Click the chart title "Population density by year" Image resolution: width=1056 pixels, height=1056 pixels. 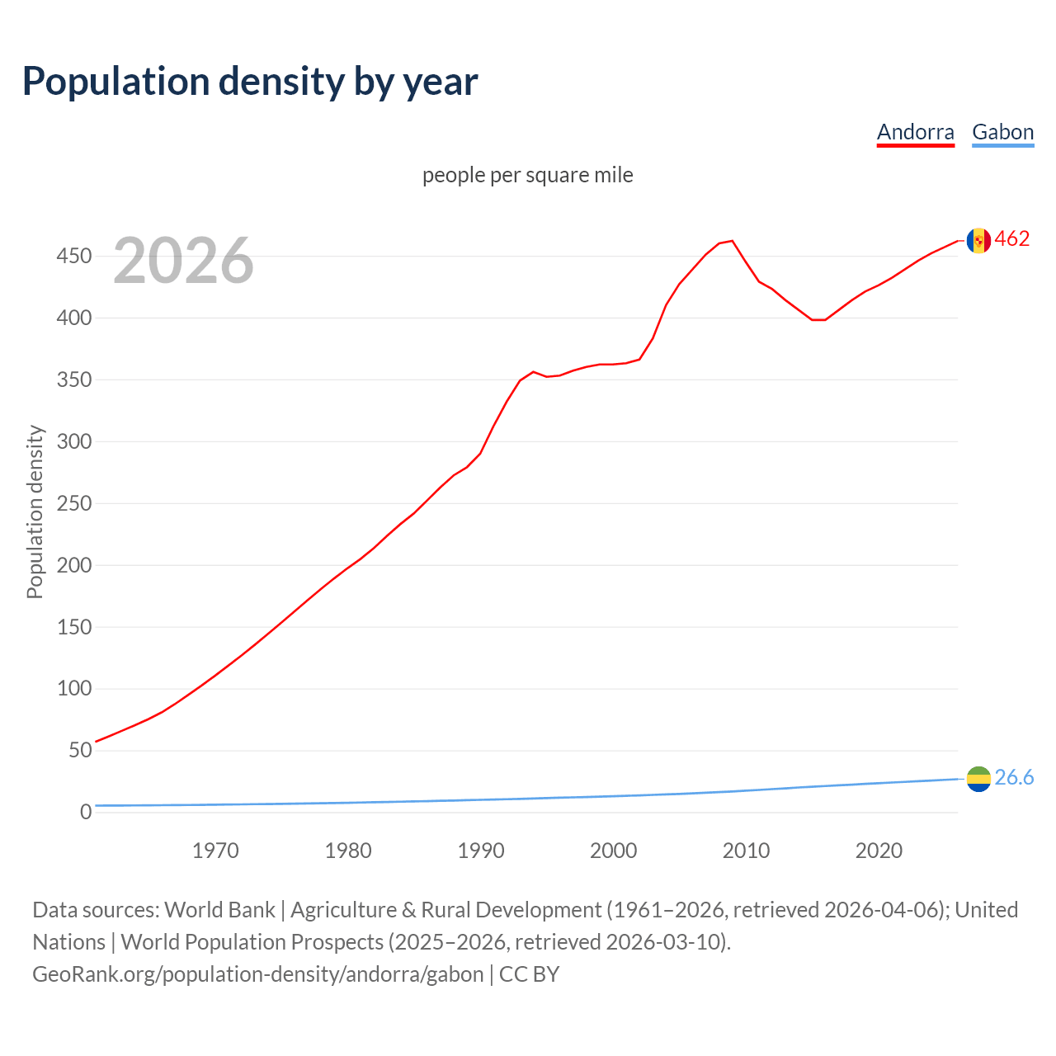coord(250,82)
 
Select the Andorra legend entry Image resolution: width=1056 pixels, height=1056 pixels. coord(915,132)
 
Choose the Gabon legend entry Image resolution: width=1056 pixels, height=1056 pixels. coord(1002,132)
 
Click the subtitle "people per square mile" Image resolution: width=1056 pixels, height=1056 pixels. coord(527,175)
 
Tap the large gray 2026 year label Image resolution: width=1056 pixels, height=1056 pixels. coord(183,261)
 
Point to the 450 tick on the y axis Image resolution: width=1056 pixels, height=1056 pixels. coord(73,257)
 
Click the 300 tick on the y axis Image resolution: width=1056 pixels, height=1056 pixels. coord(73,441)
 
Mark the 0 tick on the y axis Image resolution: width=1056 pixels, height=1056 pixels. coord(85,812)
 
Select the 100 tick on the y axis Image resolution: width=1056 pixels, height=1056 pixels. coord(73,689)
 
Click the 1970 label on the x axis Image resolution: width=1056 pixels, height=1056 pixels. coord(215,851)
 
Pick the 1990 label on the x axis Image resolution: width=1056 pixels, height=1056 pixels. coord(481,851)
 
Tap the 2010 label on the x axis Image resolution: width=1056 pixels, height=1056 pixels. coord(746,851)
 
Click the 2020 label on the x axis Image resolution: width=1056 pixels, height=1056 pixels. coord(879,851)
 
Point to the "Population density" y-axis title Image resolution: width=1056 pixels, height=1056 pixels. coord(35,511)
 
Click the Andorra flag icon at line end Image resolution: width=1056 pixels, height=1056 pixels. coord(978,240)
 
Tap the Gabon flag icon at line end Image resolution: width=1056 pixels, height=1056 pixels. coord(978,778)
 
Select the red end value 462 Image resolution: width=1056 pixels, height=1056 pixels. coord(1012,239)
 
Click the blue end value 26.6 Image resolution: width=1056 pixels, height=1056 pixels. coord(1014,778)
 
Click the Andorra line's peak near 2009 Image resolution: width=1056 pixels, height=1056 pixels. coord(732,241)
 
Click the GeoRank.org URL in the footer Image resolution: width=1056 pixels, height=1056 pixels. coord(258,974)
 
